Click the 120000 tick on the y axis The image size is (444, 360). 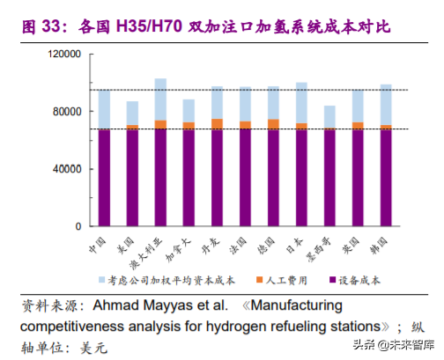pyautogui.click(x=66, y=55)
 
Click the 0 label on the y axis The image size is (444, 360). pyautogui.click(x=79, y=225)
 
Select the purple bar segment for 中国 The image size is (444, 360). pyautogui.click(x=104, y=177)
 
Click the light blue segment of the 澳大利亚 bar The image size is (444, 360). pyautogui.click(x=160, y=99)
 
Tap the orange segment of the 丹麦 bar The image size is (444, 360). pyautogui.click(x=217, y=124)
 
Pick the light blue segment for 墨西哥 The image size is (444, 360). pyautogui.click(x=329, y=117)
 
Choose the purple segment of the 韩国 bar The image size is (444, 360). pyautogui.click(x=385, y=177)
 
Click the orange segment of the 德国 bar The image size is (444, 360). pyautogui.click(x=273, y=124)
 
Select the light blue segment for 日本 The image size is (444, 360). pyautogui.click(x=301, y=102)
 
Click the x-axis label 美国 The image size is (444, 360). pyautogui.click(x=128, y=239)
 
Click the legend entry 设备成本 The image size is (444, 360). pyautogui.click(x=358, y=280)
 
